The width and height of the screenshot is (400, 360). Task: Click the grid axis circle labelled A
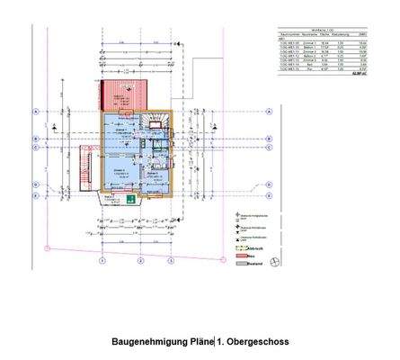[x=33, y=112]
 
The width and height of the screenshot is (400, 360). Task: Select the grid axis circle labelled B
[x=33, y=139]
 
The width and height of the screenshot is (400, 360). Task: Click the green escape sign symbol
[x=130, y=200]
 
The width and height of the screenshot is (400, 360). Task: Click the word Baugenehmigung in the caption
[x=146, y=343]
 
